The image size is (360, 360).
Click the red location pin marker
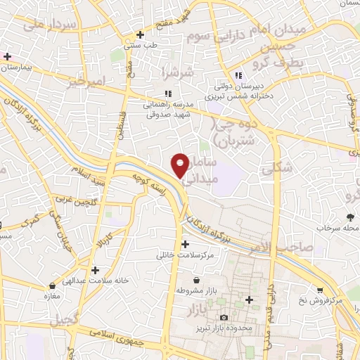tap(180, 165)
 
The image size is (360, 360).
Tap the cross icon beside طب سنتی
tap(141, 34)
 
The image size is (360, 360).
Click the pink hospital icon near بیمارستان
tap(8, 56)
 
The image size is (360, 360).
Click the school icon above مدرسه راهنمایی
tap(167, 93)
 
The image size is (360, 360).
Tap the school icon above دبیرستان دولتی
tap(238, 75)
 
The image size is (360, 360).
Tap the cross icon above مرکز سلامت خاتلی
tap(185, 244)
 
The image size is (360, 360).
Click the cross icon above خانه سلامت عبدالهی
tap(95, 269)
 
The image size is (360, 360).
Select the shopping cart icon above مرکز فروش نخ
tap(320, 290)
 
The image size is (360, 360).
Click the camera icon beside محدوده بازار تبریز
tap(224, 318)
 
